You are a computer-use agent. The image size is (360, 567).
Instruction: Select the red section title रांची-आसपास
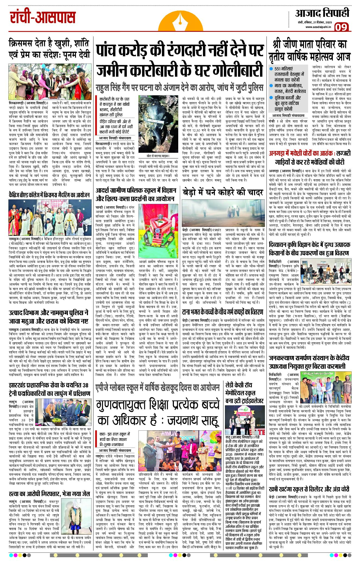[43, 17]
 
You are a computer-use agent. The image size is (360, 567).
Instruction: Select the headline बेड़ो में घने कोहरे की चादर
[223, 192]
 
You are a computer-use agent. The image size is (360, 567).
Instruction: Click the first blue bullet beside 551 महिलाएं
[271, 69]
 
